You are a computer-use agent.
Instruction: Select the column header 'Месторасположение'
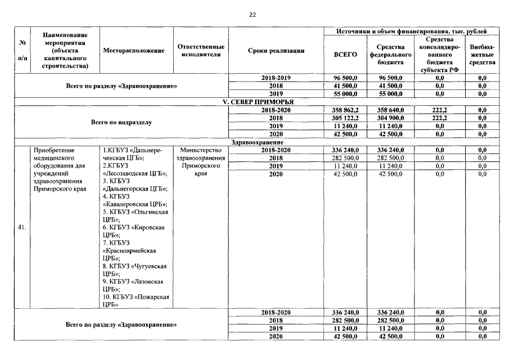tap(134, 51)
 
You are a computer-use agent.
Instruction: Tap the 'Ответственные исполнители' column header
tap(201, 51)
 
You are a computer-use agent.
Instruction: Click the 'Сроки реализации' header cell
tap(276, 51)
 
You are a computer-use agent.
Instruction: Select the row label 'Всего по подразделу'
tap(121, 122)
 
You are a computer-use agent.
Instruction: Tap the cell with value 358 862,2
tap(346, 110)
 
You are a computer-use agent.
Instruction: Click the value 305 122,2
tap(346, 118)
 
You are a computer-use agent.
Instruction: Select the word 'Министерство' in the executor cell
tap(201, 150)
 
